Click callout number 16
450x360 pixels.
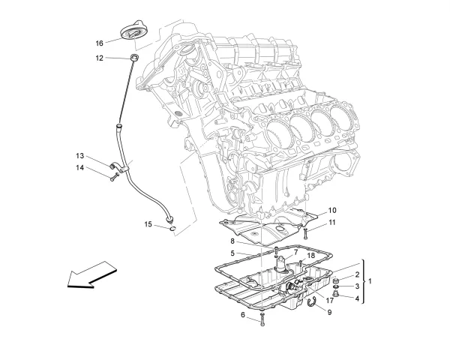coord(99,43)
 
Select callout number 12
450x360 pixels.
coord(99,57)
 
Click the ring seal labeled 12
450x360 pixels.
coord(135,58)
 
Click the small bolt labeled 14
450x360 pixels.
coord(112,178)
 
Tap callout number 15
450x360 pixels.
coord(148,223)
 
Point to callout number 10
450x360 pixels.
coord(331,210)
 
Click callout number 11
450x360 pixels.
coord(331,223)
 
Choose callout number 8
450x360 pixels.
coord(232,241)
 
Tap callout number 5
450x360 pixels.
coord(232,253)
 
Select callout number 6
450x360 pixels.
coord(243,315)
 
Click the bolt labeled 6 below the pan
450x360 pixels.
coord(262,321)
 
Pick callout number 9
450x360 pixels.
coord(328,311)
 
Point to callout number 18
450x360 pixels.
coord(310,256)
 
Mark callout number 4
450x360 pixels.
coord(356,298)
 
